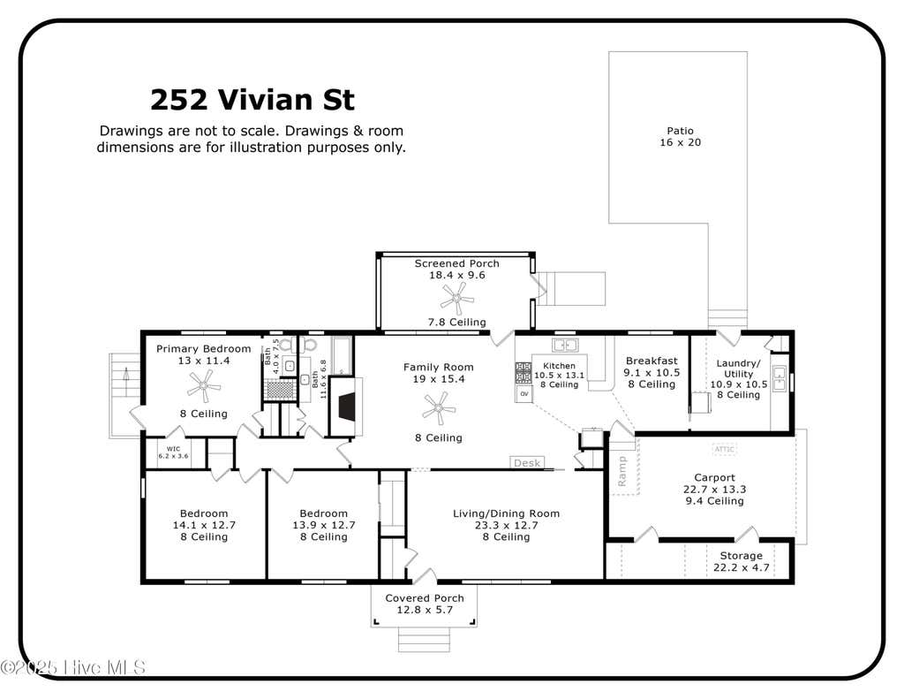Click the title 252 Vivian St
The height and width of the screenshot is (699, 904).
(x=252, y=99)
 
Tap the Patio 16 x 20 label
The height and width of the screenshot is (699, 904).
(x=681, y=137)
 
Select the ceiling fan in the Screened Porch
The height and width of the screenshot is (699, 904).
(x=456, y=299)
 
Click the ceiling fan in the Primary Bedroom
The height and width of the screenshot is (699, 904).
(x=204, y=385)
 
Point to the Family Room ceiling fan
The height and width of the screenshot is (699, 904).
(x=439, y=408)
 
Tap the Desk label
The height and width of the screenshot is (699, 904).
(x=526, y=463)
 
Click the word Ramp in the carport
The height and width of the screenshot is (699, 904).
(x=621, y=471)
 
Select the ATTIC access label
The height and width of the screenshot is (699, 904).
(x=724, y=449)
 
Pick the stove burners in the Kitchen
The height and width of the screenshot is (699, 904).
(x=523, y=373)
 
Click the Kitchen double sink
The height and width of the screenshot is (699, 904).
(x=565, y=346)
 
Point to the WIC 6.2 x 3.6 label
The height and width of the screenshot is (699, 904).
(x=173, y=452)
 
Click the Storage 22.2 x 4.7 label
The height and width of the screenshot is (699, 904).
(x=742, y=562)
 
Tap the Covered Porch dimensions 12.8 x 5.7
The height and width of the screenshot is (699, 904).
(x=425, y=610)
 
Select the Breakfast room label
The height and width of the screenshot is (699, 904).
(x=652, y=361)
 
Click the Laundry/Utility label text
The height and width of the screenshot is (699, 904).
(x=738, y=368)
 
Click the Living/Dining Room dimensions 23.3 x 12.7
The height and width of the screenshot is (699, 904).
(x=506, y=525)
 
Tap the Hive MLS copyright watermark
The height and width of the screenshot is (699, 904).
(x=72, y=668)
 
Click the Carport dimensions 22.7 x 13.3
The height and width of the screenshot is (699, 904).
(x=714, y=490)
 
